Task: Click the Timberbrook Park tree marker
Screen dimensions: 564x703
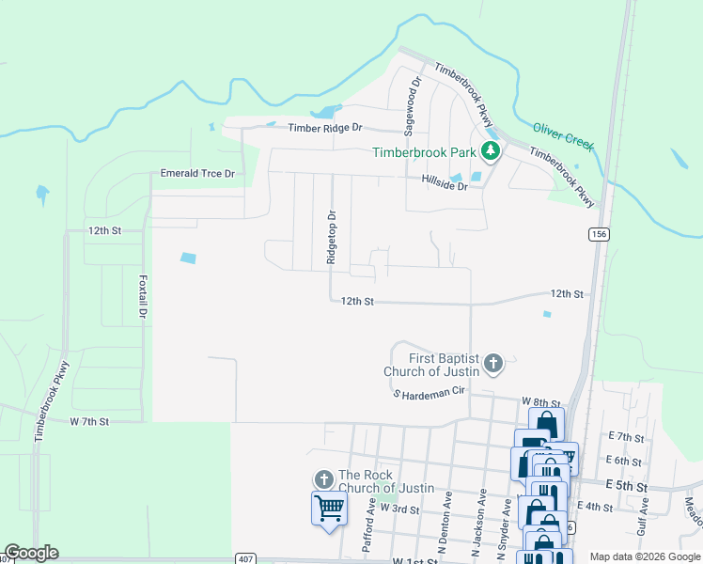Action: (x=490, y=151)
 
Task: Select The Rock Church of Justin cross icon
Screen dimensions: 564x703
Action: (x=323, y=479)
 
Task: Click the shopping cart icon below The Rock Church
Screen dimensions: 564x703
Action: (x=329, y=508)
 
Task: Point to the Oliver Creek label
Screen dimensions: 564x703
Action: (x=563, y=135)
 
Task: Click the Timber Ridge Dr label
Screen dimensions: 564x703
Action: (x=324, y=128)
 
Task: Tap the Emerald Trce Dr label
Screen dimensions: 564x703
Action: (x=197, y=174)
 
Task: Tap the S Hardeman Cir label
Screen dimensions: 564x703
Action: (x=430, y=395)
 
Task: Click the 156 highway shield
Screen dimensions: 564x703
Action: (x=598, y=233)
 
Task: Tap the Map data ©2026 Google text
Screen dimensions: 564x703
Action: (x=644, y=556)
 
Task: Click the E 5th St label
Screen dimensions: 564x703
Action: (x=628, y=485)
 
